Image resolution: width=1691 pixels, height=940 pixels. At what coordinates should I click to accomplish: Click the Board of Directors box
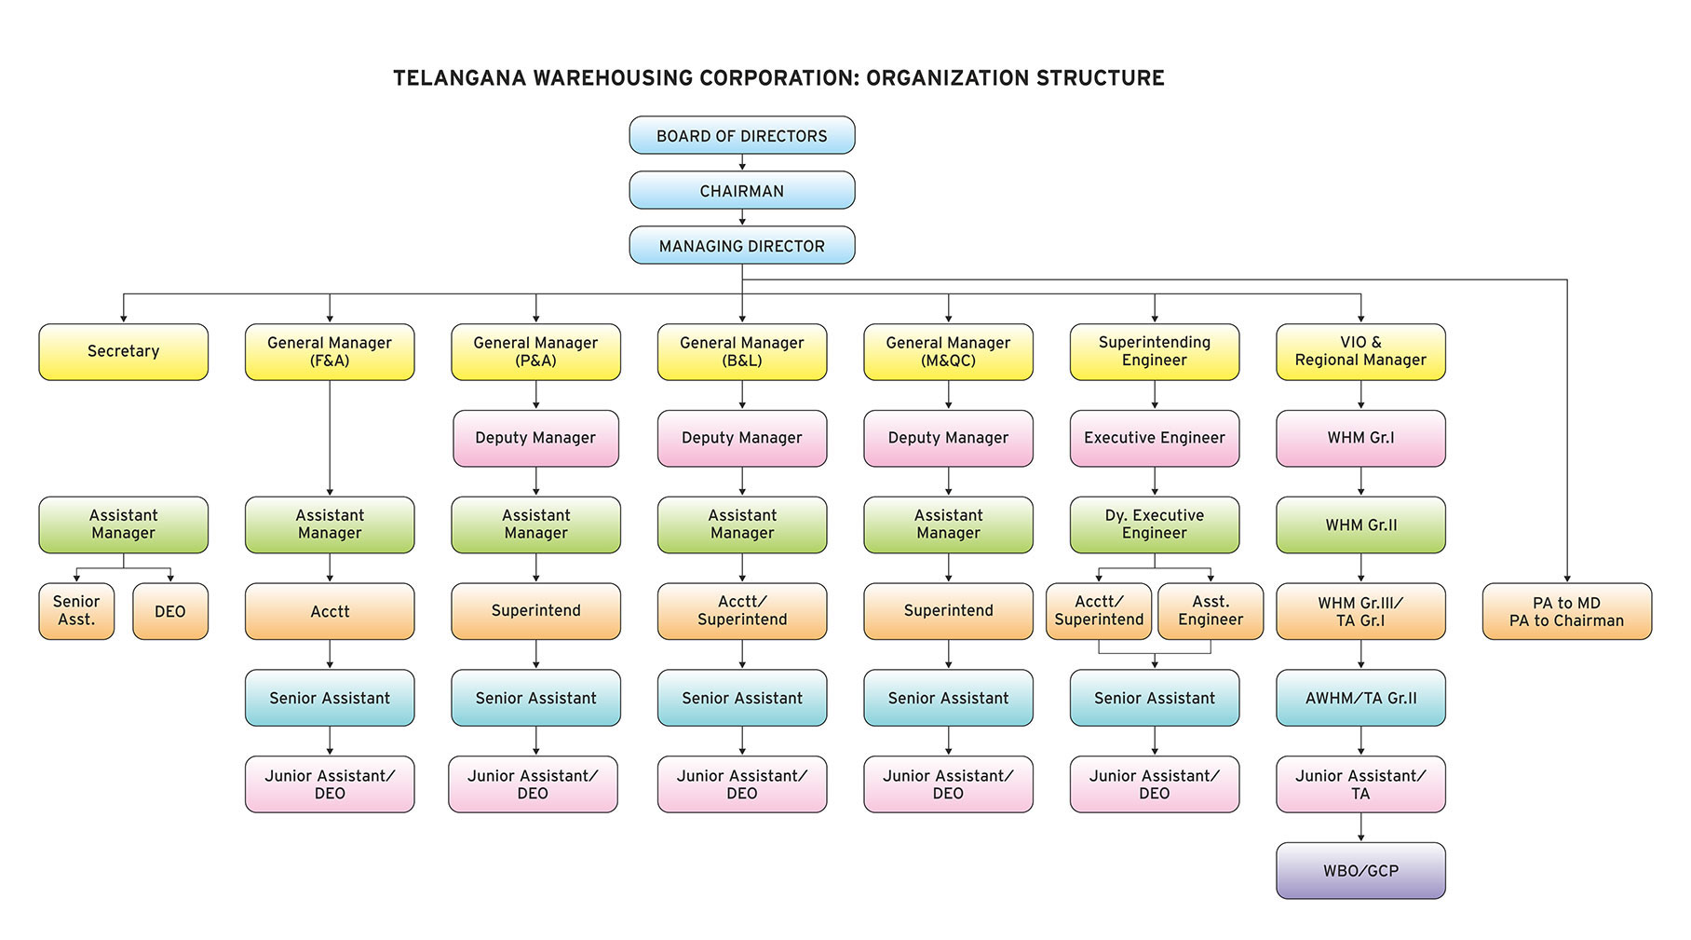[741, 136]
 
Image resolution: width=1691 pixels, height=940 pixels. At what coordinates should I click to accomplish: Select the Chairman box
[741, 191]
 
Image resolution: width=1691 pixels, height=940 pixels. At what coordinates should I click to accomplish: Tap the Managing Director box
[741, 246]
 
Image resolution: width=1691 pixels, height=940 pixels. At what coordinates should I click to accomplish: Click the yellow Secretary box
[123, 351]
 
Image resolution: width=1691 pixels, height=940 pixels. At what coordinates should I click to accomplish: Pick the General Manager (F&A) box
[330, 351]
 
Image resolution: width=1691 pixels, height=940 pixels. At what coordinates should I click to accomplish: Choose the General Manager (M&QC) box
[948, 351]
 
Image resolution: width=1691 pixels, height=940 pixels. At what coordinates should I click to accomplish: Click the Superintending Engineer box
[1154, 351]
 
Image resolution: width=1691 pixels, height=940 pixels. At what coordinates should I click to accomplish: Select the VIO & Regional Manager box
[1360, 351]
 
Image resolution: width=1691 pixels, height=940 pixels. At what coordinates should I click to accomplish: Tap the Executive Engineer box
[1154, 438]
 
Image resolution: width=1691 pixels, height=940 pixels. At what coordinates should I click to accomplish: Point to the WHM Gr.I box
[1360, 438]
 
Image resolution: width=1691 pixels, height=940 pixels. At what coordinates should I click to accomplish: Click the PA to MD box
[1566, 611]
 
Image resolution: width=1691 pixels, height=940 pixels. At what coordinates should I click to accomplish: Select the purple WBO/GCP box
[1360, 871]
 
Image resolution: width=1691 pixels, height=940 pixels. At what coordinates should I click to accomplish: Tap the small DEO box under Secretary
[169, 611]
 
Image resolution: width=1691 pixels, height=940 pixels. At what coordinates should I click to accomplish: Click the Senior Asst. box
[76, 611]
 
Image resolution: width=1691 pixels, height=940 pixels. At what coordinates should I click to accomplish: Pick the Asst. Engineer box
[1210, 611]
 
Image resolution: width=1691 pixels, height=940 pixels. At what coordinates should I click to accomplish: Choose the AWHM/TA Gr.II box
[1360, 698]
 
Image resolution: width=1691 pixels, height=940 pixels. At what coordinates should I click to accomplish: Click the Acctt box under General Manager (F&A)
[330, 611]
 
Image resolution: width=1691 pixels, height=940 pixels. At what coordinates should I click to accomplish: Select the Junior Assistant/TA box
[1360, 784]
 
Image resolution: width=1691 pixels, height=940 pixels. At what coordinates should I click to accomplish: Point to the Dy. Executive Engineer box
[1154, 524]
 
